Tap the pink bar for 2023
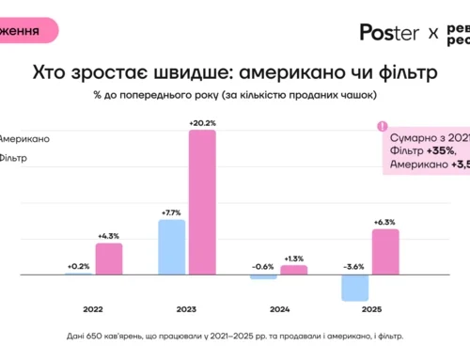tap(202, 202)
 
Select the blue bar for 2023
tap(171, 247)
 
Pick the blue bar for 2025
tap(355, 288)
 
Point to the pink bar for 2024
tap(294, 270)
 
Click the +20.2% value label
tap(202, 122)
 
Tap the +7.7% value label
tap(171, 212)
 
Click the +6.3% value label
tap(384, 222)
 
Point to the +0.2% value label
tap(78, 266)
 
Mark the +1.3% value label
tap(293, 258)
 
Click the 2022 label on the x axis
tap(94, 307)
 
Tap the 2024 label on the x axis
tap(278, 307)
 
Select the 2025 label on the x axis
tap(370, 307)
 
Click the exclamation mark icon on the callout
tap(382, 126)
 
